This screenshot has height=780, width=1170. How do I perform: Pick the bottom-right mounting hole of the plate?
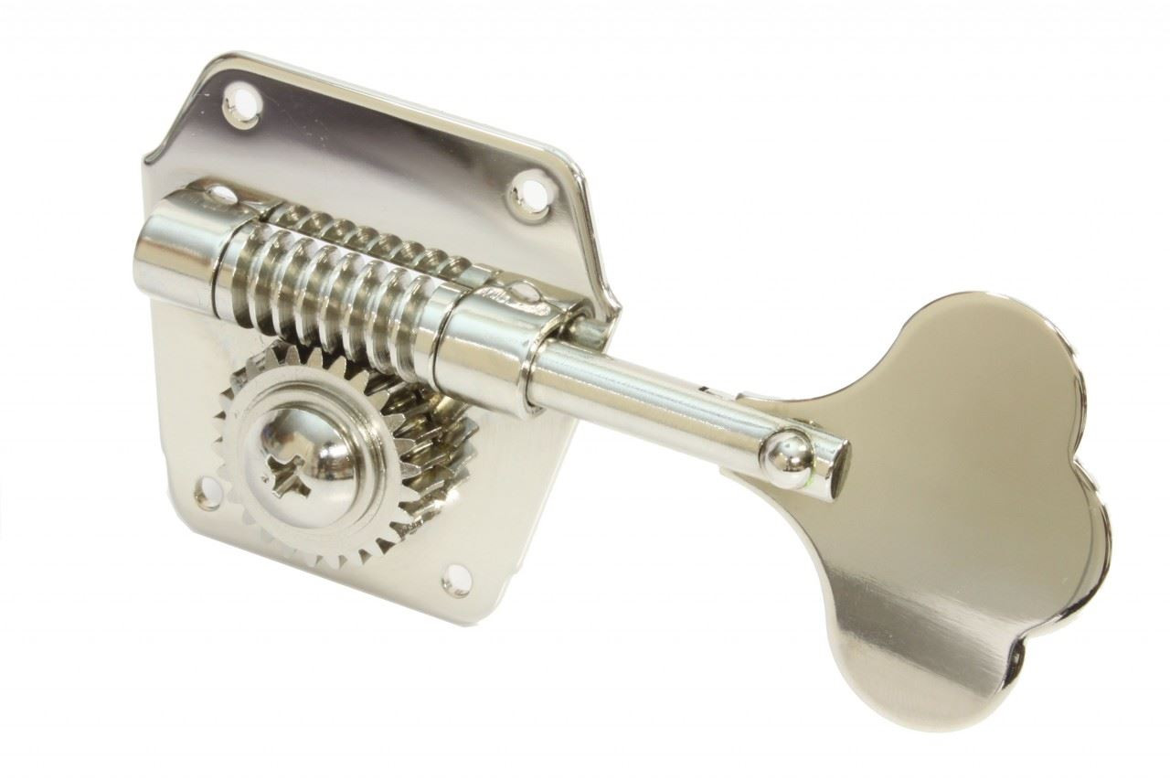(x=452, y=577)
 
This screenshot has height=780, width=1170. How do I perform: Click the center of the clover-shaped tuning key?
(x=951, y=512)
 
